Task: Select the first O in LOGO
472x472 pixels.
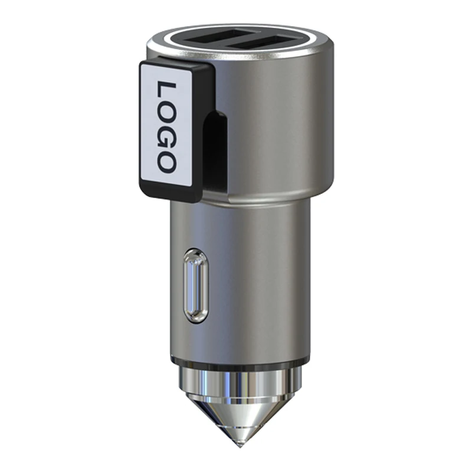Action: (167, 112)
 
